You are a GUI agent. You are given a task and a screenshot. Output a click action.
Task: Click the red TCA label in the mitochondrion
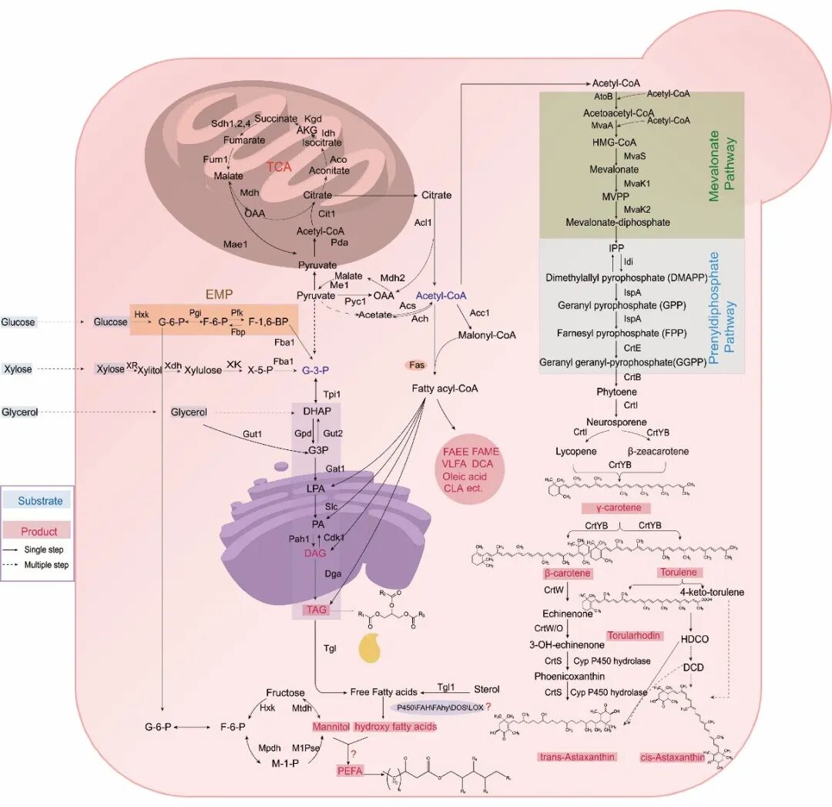280,166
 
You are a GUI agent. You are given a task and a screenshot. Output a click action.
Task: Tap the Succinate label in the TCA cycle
277,119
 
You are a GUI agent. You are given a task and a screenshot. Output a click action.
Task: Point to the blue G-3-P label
316,370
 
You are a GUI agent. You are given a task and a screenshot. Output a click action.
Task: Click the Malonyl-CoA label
486,335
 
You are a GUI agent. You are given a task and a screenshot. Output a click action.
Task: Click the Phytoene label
616,392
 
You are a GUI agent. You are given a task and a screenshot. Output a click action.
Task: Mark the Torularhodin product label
631,636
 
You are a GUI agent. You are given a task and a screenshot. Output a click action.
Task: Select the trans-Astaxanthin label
576,756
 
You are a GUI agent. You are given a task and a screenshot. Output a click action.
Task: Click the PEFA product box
349,770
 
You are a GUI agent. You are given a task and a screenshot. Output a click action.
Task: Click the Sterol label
486,689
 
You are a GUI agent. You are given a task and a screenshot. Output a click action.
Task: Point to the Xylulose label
203,370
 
